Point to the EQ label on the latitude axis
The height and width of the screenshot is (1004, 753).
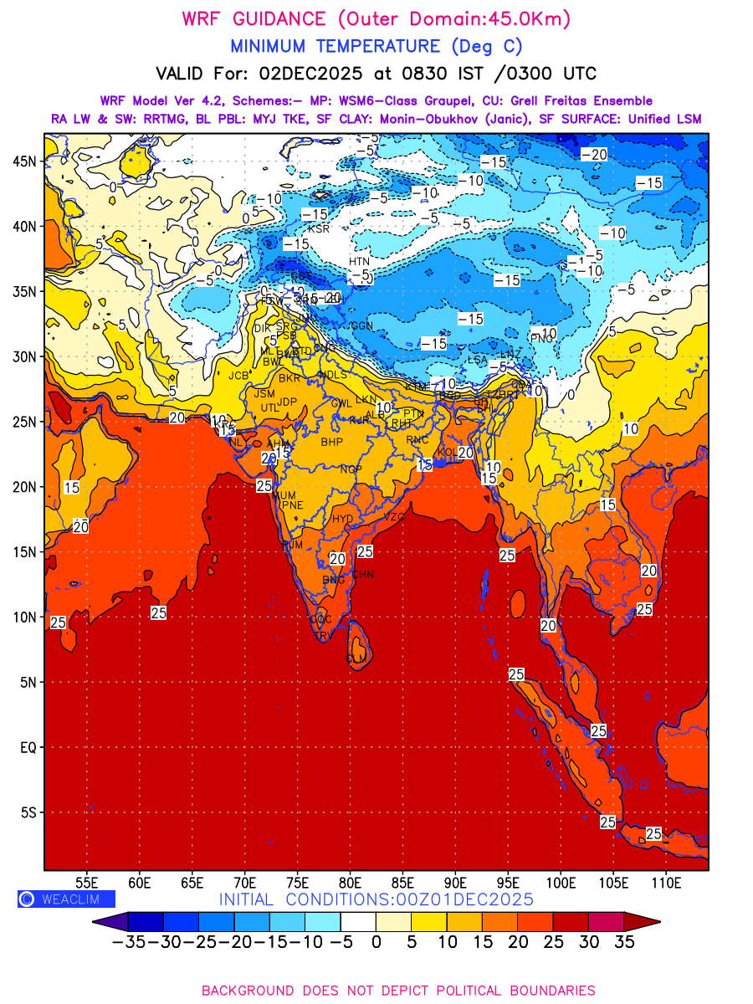tap(27, 747)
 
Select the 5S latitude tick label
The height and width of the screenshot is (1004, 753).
tap(28, 812)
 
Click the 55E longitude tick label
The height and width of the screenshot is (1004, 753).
tap(87, 882)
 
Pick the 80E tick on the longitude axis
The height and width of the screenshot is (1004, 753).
tap(350, 882)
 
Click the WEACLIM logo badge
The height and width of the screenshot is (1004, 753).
tap(66, 899)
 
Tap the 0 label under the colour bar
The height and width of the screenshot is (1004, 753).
tap(376, 942)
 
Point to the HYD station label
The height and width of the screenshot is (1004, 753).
tap(343, 519)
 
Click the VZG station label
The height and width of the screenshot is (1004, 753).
tap(394, 517)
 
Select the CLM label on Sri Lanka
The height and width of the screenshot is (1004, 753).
tap(356, 659)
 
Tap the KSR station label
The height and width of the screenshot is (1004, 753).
tap(319, 228)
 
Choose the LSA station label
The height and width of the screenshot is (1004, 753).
tap(477, 360)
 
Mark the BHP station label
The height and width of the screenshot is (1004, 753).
tap(331, 442)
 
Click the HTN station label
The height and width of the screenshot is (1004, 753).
tap(359, 262)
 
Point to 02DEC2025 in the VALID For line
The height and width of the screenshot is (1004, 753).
tap(315, 74)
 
